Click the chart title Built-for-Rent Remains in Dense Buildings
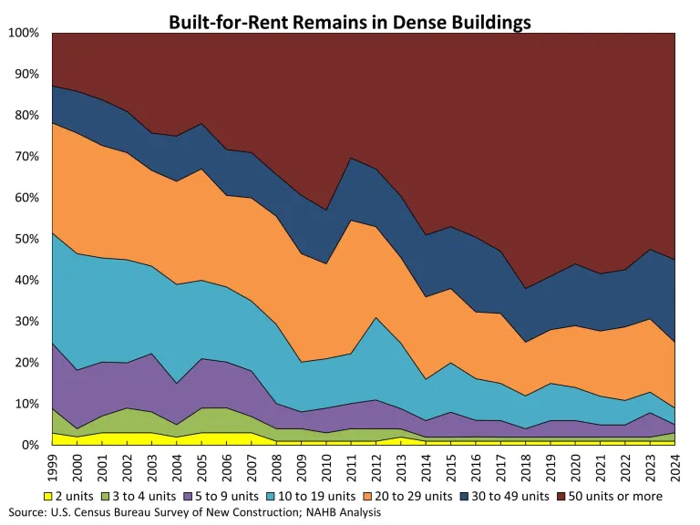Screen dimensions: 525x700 pyautogui.click(x=350, y=20)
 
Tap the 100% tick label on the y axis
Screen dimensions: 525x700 pyautogui.click(x=24, y=34)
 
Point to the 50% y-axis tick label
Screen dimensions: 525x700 pyautogui.click(x=26, y=240)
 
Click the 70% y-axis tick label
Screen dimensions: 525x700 pyautogui.click(x=26, y=157)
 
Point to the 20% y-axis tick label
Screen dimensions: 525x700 pyautogui.click(x=26, y=363)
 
